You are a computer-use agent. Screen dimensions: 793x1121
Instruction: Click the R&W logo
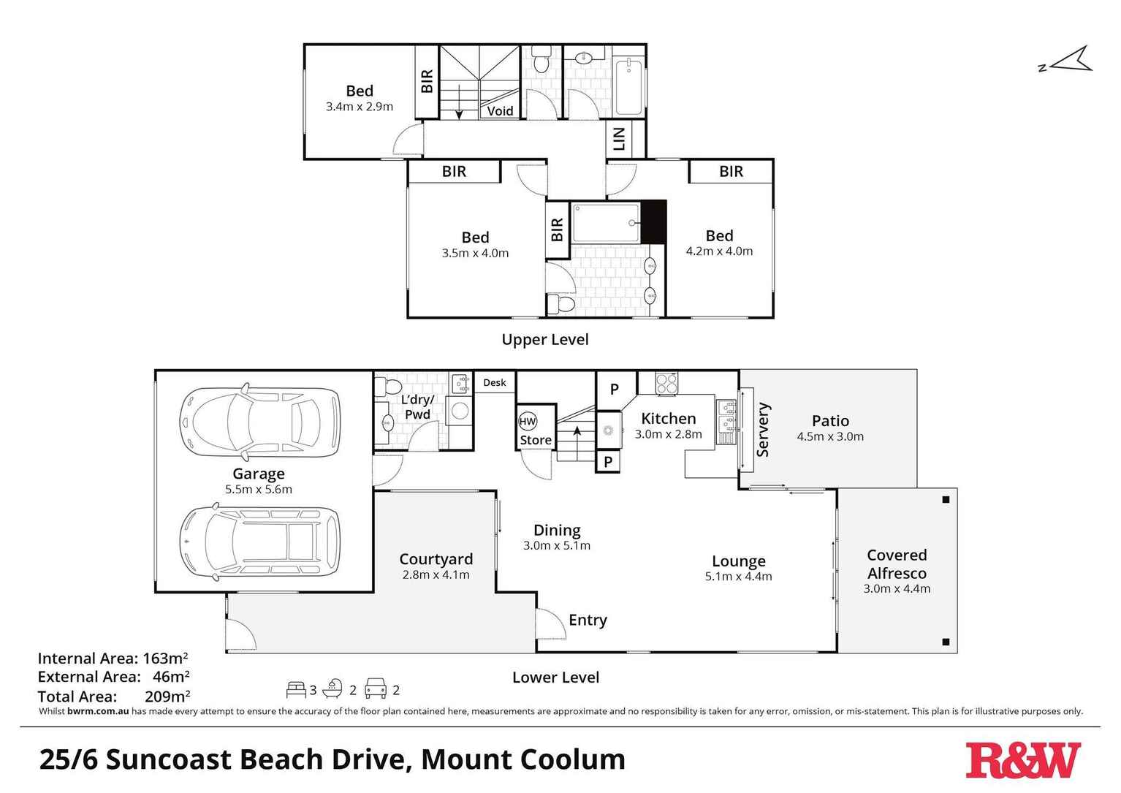pos(1022,761)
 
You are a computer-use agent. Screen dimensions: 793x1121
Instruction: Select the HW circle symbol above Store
pos(527,422)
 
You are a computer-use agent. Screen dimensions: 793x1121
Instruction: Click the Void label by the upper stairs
pos(500,111)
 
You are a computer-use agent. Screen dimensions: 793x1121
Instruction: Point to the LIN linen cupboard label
pos(619,139)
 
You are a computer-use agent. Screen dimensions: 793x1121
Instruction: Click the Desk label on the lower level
pos(495,382)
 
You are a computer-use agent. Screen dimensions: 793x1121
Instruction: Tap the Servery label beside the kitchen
pos(763,430)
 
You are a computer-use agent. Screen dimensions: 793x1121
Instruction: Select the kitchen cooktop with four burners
pos(666,384)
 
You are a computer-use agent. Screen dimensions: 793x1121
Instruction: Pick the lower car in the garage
pos(260,541)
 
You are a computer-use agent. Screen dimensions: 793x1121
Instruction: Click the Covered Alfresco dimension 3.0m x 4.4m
pos(897,588)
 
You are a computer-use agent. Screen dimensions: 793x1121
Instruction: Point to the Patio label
pos(830,421)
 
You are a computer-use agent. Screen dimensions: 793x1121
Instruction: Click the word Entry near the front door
pos(588,620)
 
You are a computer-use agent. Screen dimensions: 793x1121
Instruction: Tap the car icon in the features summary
pos(376,688)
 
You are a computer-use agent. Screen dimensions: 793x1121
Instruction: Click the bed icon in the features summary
pos(296,688)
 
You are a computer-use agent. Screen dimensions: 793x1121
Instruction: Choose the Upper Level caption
pos(544,339)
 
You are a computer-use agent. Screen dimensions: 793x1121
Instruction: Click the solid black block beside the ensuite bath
pos(654,221)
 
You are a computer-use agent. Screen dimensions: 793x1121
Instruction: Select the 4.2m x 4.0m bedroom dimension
pos(719,251)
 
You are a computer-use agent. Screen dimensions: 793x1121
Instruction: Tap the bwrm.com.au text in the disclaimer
pos(98,711)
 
